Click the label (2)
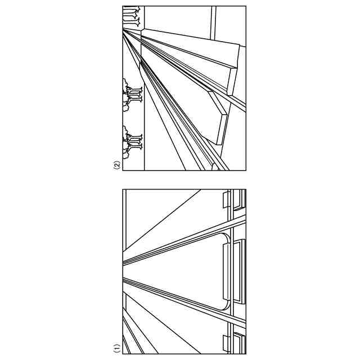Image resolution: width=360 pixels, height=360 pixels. coord(117,165)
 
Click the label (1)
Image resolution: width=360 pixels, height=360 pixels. coord(117,348)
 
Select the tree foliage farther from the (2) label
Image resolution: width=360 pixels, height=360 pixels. coord(126,95)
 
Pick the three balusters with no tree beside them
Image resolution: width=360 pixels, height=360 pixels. coord(132,16)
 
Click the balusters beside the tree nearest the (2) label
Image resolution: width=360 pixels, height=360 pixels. coord(135,142)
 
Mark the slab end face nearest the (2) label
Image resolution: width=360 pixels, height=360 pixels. coord(222,129)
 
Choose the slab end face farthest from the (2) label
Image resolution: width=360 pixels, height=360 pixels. coord(232,82)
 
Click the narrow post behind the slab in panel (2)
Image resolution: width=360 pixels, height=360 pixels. coord(213,23)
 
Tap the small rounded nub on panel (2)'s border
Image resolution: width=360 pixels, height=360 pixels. coord(215,167)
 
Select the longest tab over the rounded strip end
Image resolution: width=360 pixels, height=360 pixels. coord(227,272)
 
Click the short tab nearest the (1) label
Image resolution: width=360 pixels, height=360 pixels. coord(227,344)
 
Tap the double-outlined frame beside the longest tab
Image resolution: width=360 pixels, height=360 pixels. coord(240,272)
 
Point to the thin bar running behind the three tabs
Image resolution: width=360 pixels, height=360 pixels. coord(232,272)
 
